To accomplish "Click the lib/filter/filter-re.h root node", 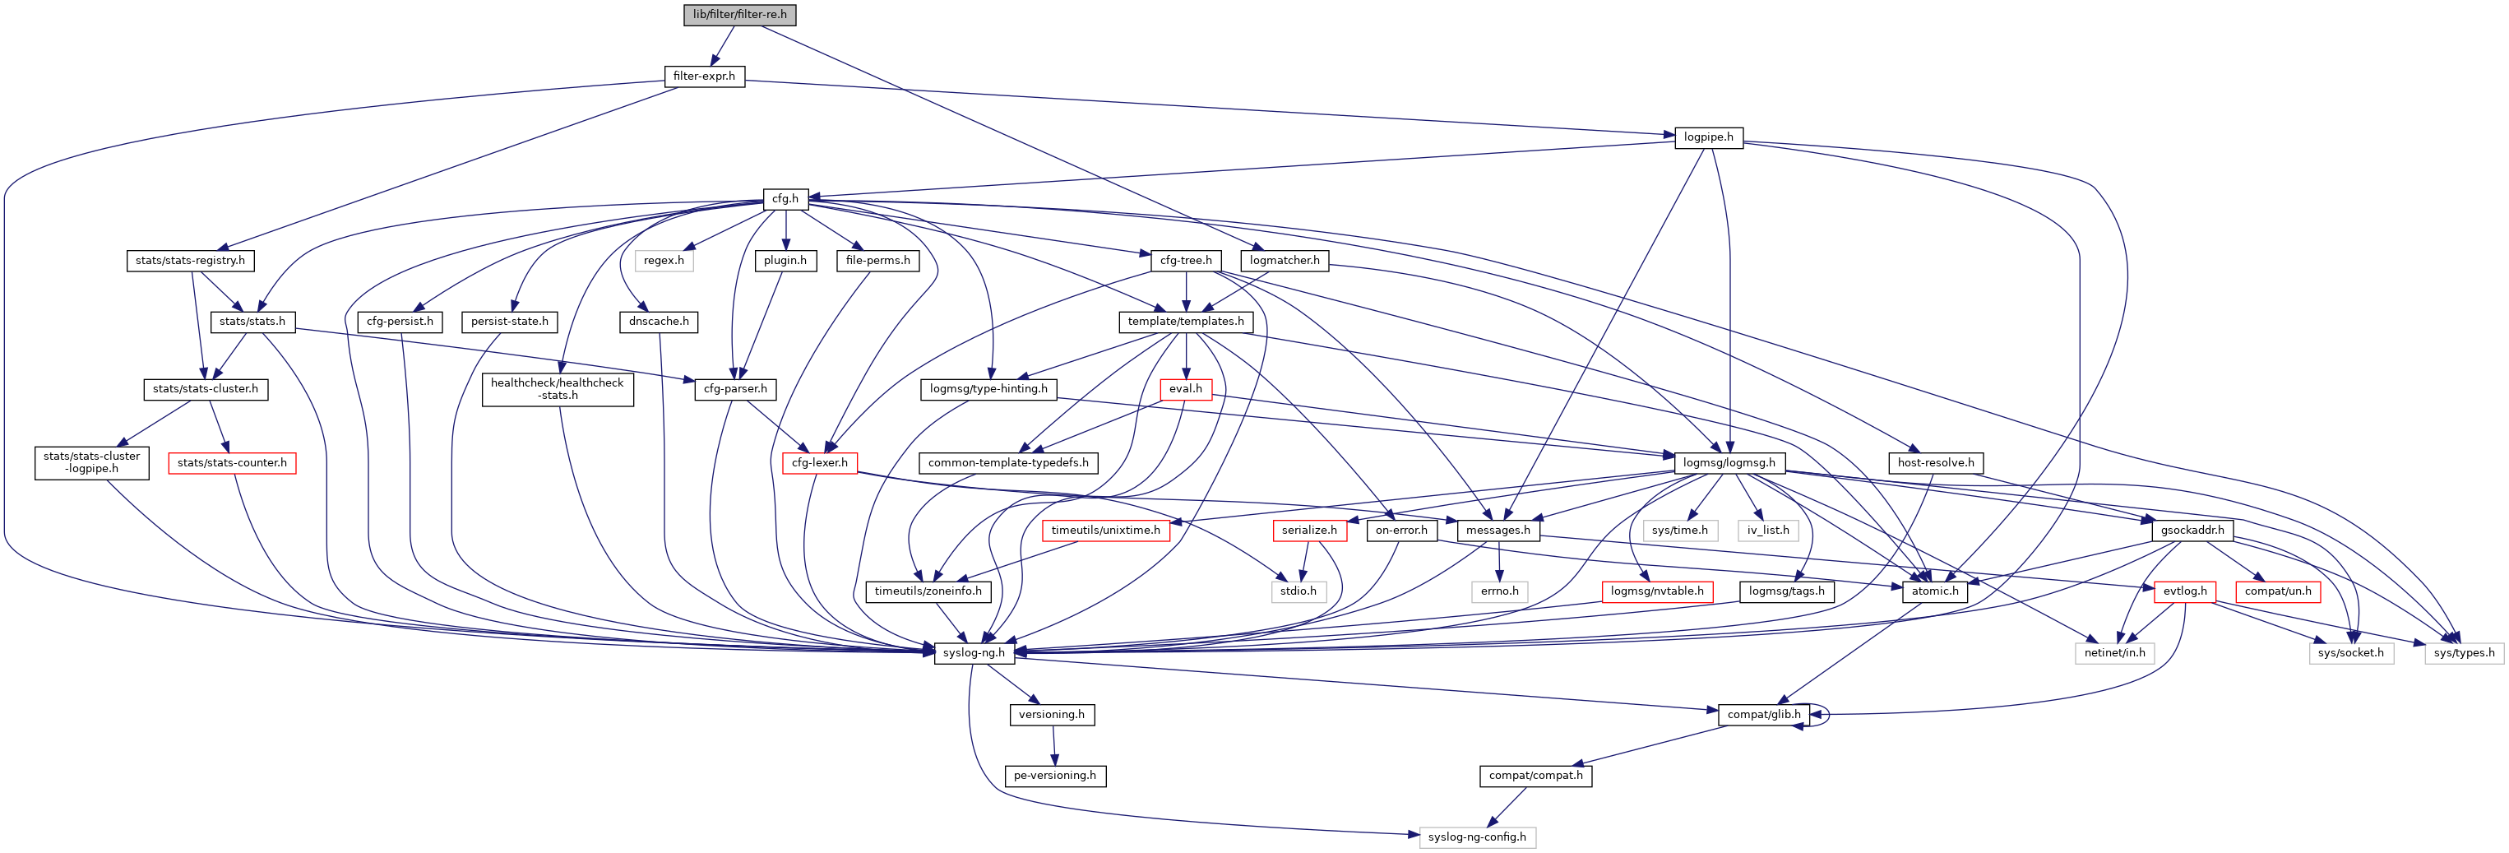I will pyautogui.click(x=739, y=15).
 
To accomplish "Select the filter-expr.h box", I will pyautogui.click(x=704, y=76).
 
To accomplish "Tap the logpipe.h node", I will pyautogui.click(x=1708, y=137).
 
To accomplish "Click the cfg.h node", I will pyautogui.click(x=785, y=198).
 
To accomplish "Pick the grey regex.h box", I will pyautogui.click(x=664, y=261).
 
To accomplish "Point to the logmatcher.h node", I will pyautogui.click(x=1285, y=261).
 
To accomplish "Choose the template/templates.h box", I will pyautogui.click(x=1185, y=322).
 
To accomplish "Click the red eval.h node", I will pyautogui.click(x=1185, y=388).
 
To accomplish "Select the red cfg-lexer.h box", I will pyautogui.click(x=819, y=462).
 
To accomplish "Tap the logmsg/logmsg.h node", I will pyautogui.click(x=1729, y=462).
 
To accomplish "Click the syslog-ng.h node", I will pyautogui.click(x=974, y=653).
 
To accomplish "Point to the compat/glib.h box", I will pyautogui.click(x=1764, y=715).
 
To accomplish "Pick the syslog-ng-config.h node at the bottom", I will pyautogui.click(x=1477, y=837).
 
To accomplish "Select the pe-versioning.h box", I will pyautogui.click(x=1055, y=776).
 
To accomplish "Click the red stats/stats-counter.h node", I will pyautogui.click(x=232, y=462).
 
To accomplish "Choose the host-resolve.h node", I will pyautogui.click(x=1935, y=462).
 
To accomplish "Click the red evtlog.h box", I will pyautogui.click(x=2185, y=591).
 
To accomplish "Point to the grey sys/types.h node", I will pyautogui.click(x=2463, y=653).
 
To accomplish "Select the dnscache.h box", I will pyautogui.click(x=660, y=322).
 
